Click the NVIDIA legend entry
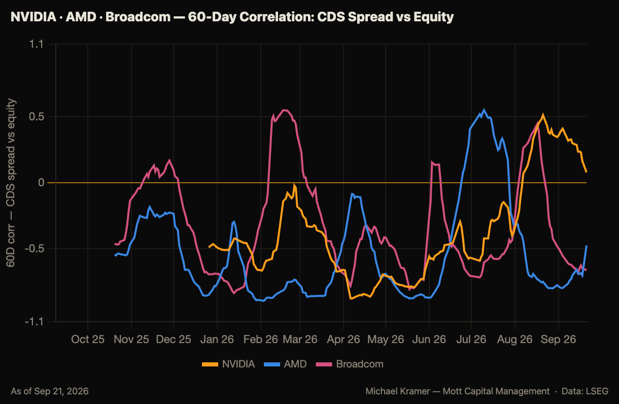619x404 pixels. pos(228,364)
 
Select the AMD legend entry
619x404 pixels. pos(285,364)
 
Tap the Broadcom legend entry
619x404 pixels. pos(350,364)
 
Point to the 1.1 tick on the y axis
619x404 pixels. pos(37,44)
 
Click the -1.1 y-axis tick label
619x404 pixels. pos(35,322)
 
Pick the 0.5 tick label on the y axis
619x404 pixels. pos(37,116)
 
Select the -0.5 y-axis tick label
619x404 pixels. pos(35,249)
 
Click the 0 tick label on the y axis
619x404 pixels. pos(41,183)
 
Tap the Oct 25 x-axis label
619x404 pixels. pos(88,340)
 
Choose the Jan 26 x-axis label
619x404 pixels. pos(217,340)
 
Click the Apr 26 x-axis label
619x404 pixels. pos(343,340)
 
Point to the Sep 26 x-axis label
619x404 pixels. pos(558,340)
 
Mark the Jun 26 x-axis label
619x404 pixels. pos(429,340)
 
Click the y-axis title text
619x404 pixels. pos(11,183)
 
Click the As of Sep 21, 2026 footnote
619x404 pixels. pos(50,391)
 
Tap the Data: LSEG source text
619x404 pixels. pos(585,391)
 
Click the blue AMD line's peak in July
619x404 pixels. pos(484,110)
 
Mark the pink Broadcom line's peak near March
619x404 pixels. pos(285,110)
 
